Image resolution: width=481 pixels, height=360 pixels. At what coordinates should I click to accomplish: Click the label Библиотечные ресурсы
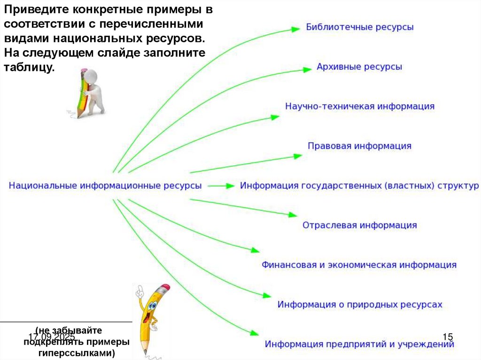(360, 27)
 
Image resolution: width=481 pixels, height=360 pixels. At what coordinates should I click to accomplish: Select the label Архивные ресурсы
(359, 67)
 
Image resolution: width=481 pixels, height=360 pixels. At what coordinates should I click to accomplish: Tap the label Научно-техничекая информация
(360, 106)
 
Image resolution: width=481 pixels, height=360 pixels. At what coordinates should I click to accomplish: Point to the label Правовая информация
(359, 146)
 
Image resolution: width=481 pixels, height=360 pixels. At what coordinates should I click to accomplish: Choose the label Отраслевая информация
(359, 225)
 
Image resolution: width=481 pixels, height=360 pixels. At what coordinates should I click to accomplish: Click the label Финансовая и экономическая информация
(359, 265)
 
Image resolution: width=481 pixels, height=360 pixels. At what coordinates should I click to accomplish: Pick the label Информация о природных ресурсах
(360, 305)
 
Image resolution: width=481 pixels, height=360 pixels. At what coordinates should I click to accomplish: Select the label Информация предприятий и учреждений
(359, 344)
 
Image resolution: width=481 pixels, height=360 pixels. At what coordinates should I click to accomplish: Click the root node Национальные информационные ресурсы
(105, 185)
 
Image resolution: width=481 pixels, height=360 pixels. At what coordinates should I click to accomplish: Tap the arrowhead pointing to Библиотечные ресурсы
(295, 29)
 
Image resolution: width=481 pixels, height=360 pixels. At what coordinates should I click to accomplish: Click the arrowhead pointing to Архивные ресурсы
(307, 69)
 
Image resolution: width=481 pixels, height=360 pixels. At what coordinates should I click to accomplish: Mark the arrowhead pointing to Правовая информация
(297, 155)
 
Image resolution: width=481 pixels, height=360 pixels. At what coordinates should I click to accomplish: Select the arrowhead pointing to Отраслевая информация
(293, 215)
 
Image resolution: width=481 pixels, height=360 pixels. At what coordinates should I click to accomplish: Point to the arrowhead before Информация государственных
(230, 186)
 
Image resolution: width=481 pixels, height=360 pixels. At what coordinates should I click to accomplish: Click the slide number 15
(448, 337)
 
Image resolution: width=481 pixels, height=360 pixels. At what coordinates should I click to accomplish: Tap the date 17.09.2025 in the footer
(52, 337)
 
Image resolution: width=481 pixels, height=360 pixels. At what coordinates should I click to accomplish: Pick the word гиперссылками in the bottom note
(77, 352)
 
